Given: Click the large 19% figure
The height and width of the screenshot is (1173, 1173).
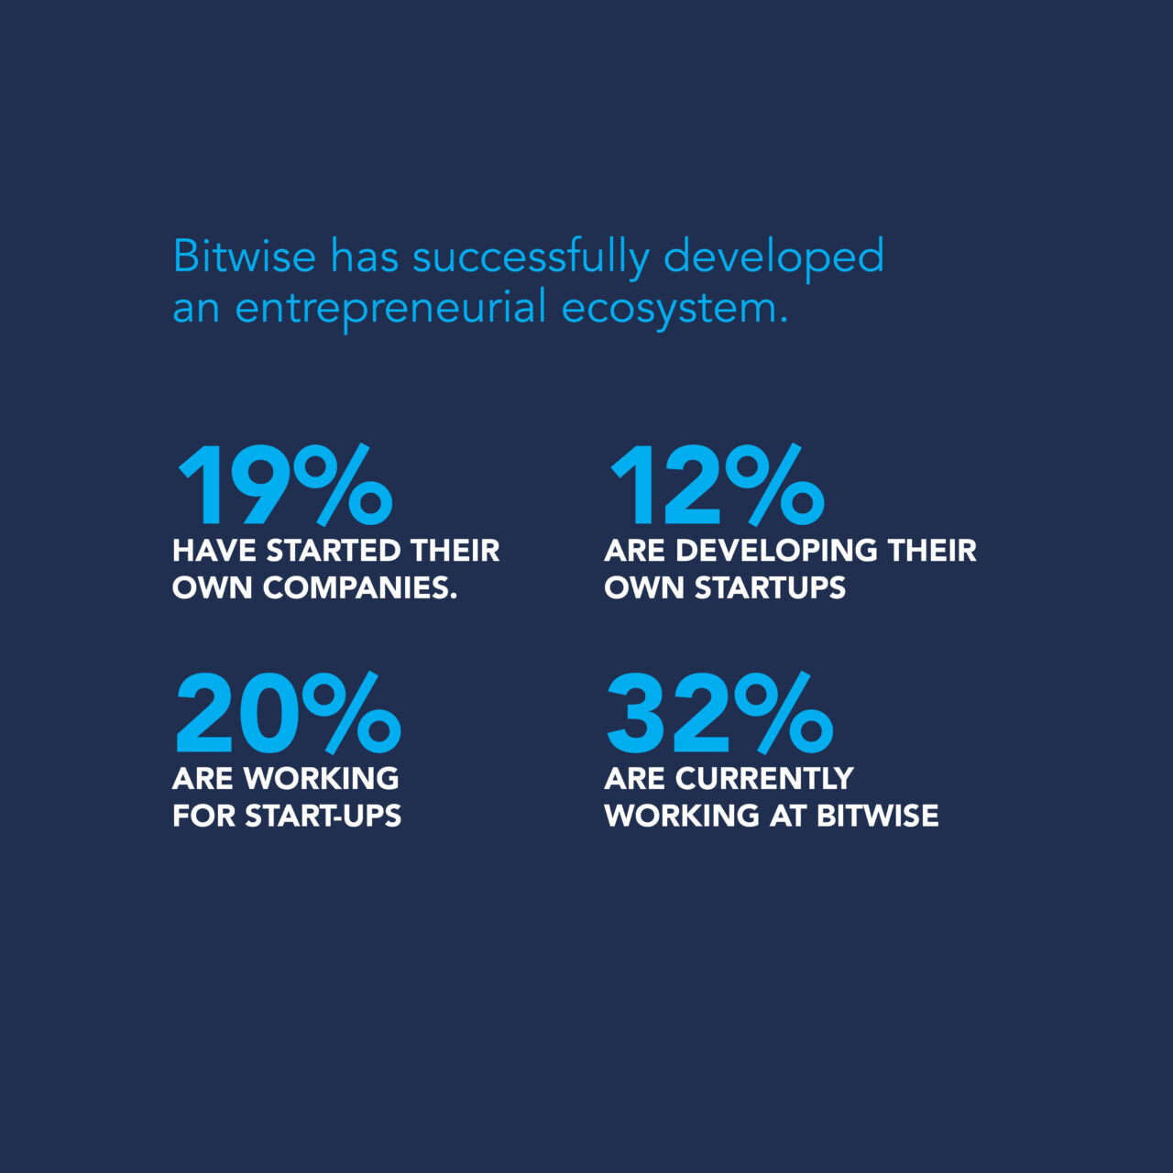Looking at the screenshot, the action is (285, 485).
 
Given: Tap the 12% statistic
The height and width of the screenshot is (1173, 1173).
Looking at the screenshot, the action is (717, 485).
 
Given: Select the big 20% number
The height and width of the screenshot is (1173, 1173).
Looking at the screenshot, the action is (289, 712).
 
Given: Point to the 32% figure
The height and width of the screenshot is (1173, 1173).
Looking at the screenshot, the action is (720, 712).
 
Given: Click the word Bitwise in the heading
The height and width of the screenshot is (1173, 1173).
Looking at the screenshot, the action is (245, 256).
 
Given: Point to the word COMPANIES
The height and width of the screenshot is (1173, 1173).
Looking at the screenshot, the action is (360, 588).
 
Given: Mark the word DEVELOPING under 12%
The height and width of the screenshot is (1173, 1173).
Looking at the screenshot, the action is (777, 551).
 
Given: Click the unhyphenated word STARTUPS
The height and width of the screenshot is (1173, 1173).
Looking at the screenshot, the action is (770, 588).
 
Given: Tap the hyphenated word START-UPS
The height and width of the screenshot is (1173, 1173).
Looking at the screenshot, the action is (323, 817).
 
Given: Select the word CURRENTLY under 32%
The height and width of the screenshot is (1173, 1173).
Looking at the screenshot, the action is (764, 779).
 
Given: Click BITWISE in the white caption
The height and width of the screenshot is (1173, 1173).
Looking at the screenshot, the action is (877, 817).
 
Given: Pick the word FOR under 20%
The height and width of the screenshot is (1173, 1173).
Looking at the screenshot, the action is (204, 817).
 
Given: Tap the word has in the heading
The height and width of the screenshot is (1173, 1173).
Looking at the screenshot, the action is (365, 256).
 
